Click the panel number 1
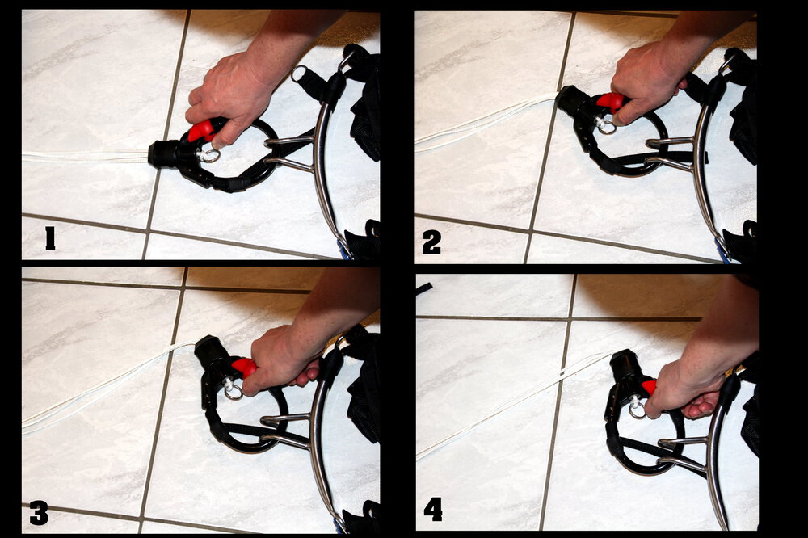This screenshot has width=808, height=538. point(50,238)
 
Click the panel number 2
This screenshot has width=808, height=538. point(431,242)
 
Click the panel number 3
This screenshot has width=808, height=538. point(39,513)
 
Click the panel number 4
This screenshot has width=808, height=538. point(433,511)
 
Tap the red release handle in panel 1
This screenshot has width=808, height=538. point(201,130)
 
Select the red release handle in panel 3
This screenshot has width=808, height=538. point(244,367)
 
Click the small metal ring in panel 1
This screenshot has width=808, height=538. point(211,155)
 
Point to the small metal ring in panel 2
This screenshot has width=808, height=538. point(606,126)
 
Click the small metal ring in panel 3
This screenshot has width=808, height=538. point(234,392)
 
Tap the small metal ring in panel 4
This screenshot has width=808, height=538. point(638,410)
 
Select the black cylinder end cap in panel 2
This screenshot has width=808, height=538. point(570,100)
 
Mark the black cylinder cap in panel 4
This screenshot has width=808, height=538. point(625,364)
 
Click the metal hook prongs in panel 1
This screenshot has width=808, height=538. point(288,152)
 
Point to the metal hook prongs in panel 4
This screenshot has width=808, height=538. point(683,452)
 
